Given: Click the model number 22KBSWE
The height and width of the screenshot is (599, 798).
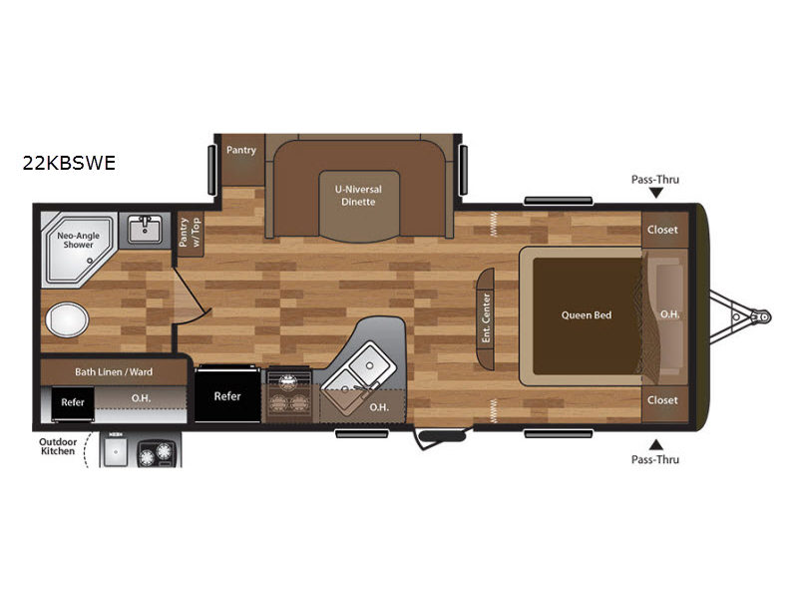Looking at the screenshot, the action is [x=69, y=163].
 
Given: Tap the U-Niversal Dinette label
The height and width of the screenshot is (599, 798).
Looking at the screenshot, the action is [x=358, y=195].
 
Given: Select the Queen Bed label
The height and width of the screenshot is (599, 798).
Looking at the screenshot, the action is [x=587, y=315].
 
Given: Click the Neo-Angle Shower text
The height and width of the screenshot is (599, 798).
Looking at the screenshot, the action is [x=79, y=240].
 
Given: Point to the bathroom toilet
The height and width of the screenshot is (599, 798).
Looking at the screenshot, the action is [x=67, y=319].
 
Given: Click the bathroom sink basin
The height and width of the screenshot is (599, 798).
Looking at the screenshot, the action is [x=145, y=230].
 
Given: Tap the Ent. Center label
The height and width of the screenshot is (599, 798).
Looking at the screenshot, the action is [x=486, y=317].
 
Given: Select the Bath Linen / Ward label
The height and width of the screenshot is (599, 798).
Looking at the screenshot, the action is [x=114, y=371].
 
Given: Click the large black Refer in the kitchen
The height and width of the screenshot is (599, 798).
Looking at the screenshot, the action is [x=227, y=395].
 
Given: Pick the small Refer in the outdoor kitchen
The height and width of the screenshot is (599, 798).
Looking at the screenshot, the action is [x=73, y=402].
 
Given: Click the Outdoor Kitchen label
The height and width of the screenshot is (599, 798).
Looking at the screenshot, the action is [x=58, y=446].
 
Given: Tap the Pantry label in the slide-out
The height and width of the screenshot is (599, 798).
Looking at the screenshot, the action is [x=241, y=150].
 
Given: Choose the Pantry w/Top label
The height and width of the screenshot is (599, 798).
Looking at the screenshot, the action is [x=190, y=233].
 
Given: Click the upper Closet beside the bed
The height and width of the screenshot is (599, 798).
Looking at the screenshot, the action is [x=662, y=230].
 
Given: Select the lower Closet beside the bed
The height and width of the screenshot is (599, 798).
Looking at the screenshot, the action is [x=662, y=400].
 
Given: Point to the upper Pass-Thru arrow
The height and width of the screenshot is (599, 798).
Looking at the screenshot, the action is [x=656, y=193].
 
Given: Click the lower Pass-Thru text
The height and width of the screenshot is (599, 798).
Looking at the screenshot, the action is [x=655, y=459].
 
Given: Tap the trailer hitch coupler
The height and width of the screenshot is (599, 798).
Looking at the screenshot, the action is [x=763, y=316].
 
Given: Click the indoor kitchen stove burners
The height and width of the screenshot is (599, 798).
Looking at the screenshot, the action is [x=289, y=394].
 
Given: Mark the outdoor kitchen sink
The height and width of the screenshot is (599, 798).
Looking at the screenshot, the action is [x=116, y=451].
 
